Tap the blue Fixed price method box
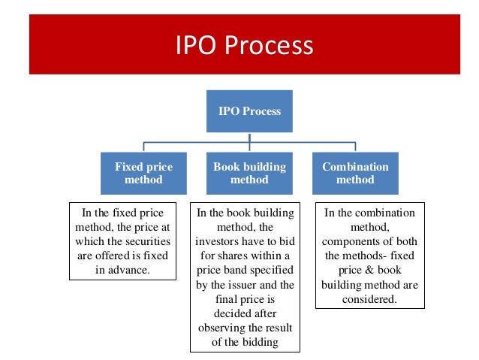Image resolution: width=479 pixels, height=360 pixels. [143, 174]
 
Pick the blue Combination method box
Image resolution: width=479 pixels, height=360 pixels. [355, 174]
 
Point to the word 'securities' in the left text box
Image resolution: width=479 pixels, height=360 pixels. [149, 241]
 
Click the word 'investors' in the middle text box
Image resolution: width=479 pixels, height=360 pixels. [218, 241]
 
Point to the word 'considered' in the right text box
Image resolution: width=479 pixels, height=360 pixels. [369, 298]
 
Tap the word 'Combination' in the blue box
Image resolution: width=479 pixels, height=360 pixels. [355, 166]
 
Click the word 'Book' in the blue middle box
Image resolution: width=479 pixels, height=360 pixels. [224, 166]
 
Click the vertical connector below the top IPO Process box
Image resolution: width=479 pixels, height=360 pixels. [250, 136]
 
